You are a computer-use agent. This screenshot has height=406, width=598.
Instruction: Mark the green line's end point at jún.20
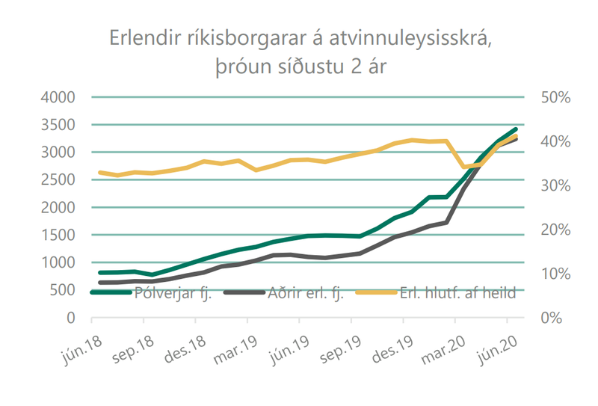pos(516,129)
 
